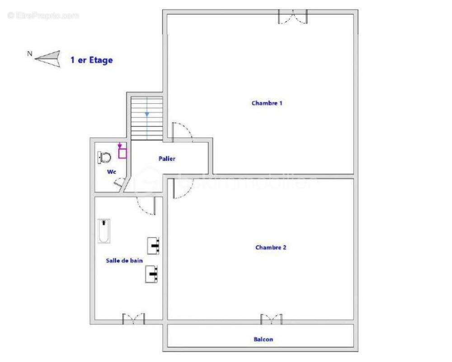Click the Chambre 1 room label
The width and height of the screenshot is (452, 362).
click(x=267, y=103)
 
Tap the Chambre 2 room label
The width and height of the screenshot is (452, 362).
click(x=271, y=248)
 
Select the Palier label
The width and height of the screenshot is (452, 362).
click(x=167, y=159)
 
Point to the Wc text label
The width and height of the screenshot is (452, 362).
click(x=112, y=172)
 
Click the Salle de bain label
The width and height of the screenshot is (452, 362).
click(x=124, y=260)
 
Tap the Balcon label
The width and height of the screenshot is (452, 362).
click(x=264, y=339)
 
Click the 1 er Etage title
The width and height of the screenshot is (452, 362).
click(x=91, y=60)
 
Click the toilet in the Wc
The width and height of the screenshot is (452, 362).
click(x=104, y=157)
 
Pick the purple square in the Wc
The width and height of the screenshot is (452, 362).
click(x=122, y=153)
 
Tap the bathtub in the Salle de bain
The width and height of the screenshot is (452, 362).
click(x=104, y=231)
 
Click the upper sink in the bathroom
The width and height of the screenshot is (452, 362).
click(x=153, y=246)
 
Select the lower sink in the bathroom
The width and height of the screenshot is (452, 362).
click(x=152, y=274)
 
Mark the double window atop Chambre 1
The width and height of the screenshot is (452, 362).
click(x=293, y=17)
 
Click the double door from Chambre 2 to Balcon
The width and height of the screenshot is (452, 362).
click(x=271, y=319)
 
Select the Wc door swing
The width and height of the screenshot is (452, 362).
click(x=119, y=182)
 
